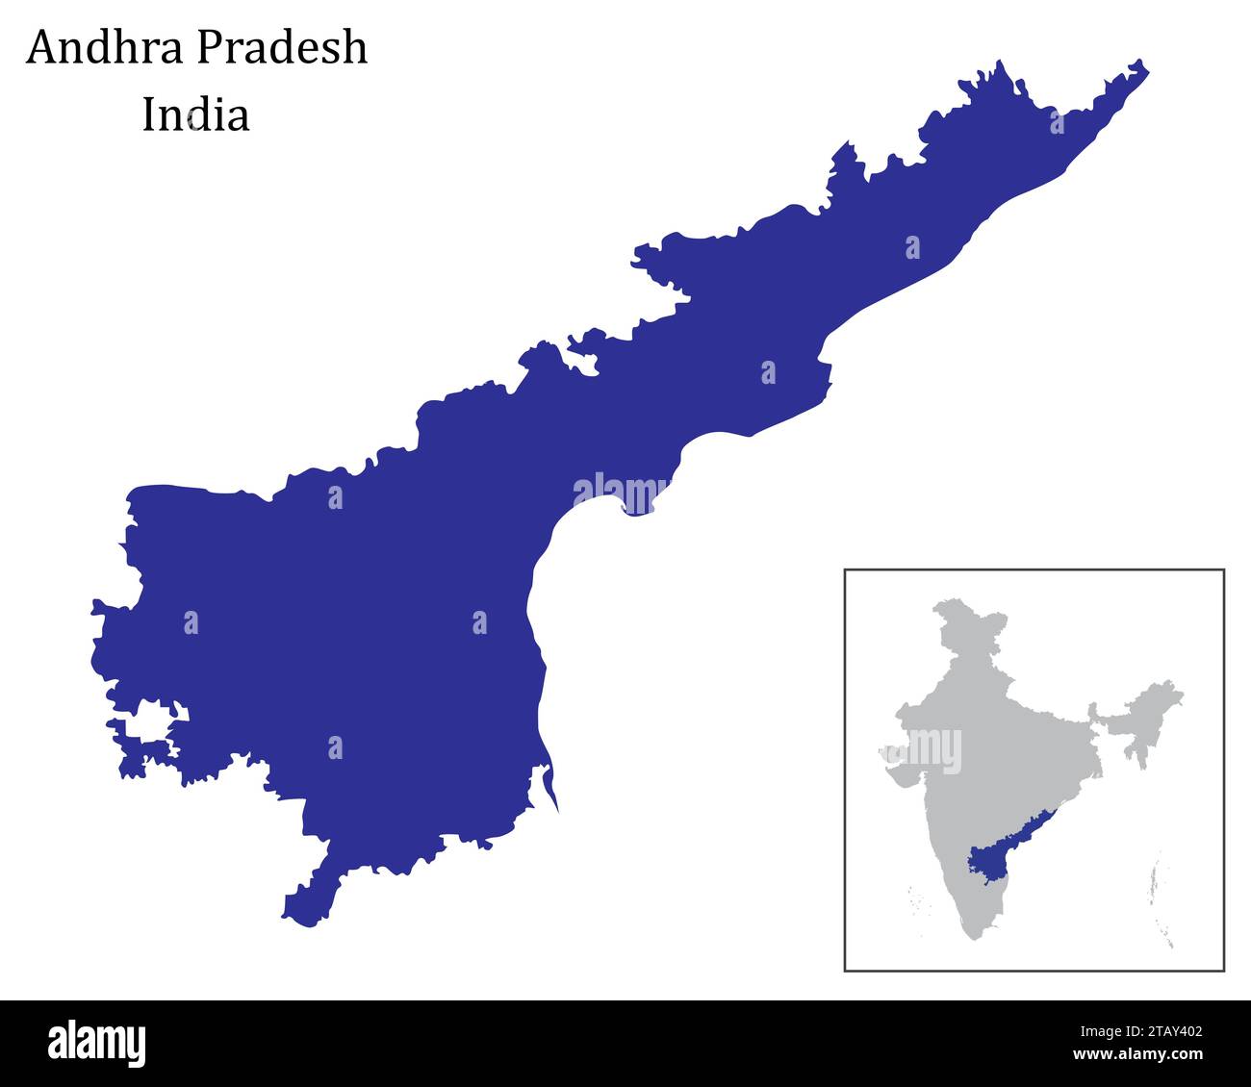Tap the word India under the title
(x=195, y=114)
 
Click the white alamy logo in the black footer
(x=96, y=1043)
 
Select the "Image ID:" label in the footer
(x=1096, y=1032)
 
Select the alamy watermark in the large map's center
(x=622, y=492)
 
